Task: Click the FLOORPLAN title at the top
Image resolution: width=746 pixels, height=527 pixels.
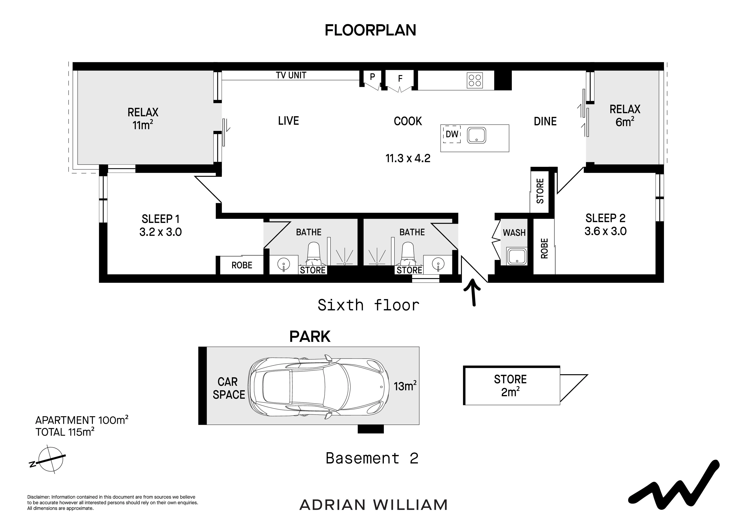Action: (370, 30)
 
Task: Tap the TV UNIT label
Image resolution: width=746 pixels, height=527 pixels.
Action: (291, 75)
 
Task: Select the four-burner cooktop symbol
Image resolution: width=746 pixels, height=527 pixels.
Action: (475, 80)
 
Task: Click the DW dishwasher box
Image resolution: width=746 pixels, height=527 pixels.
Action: (452, 134)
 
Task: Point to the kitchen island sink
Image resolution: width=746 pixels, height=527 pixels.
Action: (477, 135)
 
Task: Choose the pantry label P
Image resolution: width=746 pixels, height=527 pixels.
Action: (372, 77)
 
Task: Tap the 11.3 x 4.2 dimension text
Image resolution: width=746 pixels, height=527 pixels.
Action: (408, 159)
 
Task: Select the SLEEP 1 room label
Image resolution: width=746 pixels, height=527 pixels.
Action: (161, 219)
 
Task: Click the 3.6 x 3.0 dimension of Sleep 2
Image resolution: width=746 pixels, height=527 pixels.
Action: (605, 231)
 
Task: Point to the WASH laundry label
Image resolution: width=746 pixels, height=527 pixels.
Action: (514, 233)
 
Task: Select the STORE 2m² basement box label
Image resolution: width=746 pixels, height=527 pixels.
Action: (510, 386)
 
